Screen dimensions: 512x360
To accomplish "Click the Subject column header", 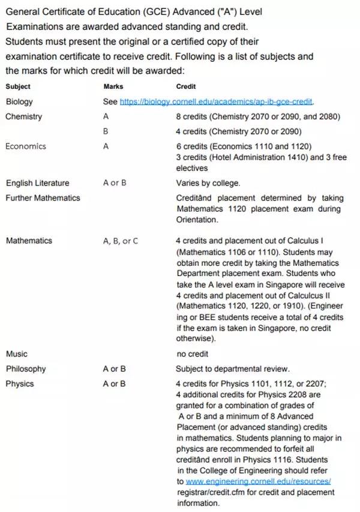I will click(18, 86).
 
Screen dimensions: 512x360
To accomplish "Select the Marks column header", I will click(113, 86).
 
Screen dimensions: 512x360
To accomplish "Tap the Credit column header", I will click(186, 86).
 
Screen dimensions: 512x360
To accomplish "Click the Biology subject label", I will click(19, 101).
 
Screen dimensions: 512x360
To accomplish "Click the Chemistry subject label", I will click(23, 116).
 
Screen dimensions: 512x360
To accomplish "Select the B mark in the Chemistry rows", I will click(106, 131).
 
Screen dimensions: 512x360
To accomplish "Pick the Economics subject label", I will click(25, 146).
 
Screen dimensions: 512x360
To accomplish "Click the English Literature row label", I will click(37, 183).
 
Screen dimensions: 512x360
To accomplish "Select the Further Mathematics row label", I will click(43, 197).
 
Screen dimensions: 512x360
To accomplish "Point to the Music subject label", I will click(16, 354).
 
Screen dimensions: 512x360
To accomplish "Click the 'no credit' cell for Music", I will click(192, 354).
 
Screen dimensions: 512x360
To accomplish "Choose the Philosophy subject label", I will click(26, 369).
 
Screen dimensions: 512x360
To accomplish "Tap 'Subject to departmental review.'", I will click(232, 369).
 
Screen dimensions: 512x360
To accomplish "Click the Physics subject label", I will click(20, 384).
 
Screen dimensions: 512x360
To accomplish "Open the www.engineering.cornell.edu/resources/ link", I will click(258, 481).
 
